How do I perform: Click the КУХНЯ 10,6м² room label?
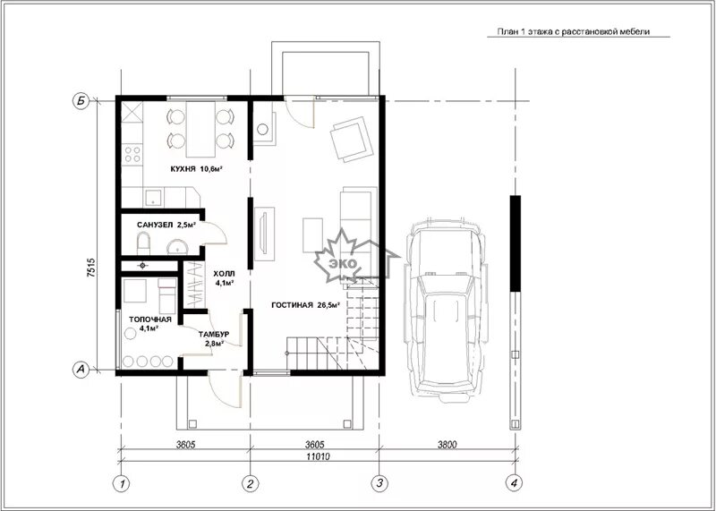[196, 169]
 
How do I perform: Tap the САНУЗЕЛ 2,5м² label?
[166, 225]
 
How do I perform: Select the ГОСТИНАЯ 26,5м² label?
[305, 305]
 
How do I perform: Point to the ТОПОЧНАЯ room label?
[149, 319]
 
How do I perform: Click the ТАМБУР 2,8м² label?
[214, 338]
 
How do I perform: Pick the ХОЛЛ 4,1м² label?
[225, 277]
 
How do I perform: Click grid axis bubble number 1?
[121, 483]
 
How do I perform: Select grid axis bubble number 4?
[515, 482]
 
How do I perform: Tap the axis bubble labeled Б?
[81, 101]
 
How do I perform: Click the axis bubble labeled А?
[81, 370]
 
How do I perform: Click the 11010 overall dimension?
[318, 456]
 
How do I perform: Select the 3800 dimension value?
[447, 444]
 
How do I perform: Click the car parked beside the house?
[446, 310]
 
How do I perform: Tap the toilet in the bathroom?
[143, 243]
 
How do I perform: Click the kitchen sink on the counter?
[153, 197]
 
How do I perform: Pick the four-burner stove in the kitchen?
[132, 153]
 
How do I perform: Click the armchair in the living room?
[352, 139]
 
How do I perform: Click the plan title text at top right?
[573, 31]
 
